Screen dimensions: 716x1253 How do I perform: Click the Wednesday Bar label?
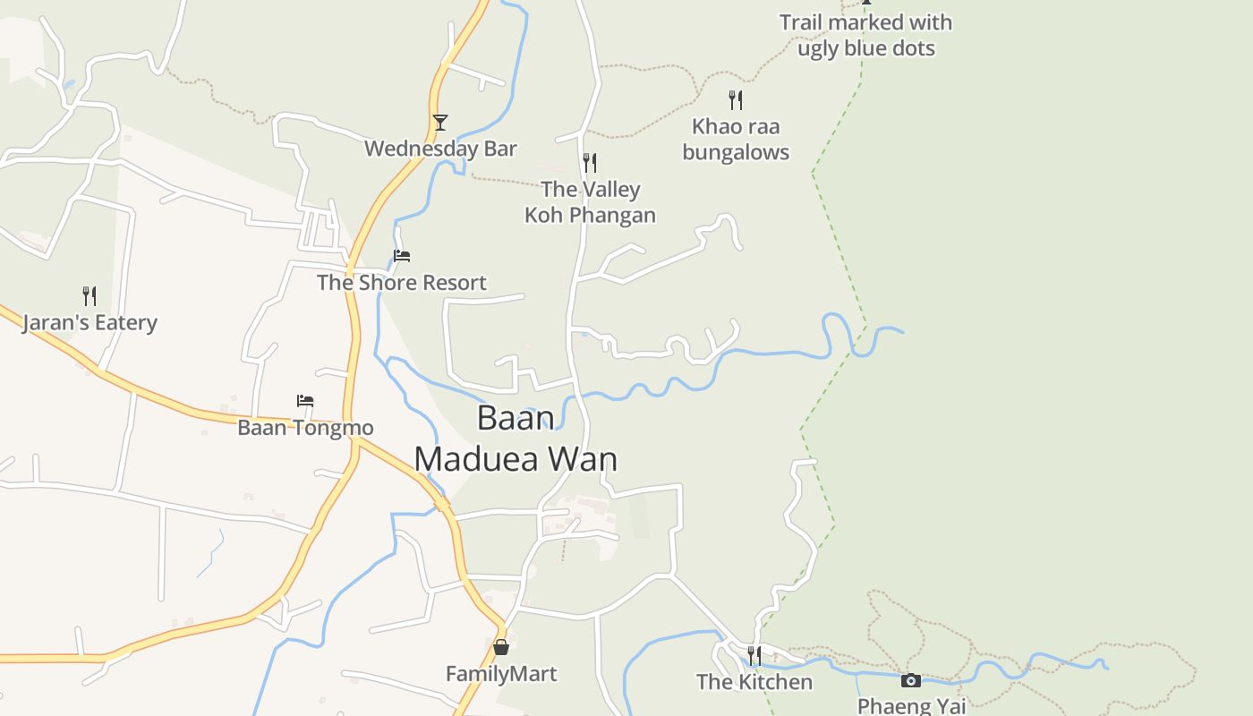(440, 149)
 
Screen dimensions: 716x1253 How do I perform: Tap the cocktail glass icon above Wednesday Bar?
(439, 123)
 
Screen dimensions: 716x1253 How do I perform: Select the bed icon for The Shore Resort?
(402, 256)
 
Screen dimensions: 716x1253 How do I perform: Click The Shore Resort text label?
(402, 283)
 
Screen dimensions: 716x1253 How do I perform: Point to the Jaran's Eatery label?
(89, 323)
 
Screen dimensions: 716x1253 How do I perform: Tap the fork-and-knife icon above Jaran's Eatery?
(89, 296)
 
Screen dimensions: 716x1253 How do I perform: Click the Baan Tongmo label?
(305, 428)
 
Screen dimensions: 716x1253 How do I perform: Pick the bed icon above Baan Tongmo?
(305, 401)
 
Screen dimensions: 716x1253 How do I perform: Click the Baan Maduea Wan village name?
(516, 439)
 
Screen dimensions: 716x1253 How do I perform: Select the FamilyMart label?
(501, 674)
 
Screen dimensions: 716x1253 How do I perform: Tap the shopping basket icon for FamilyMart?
(501, 646)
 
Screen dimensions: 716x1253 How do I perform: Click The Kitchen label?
(754, 682)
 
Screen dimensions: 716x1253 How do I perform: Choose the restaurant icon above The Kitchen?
(754, 656)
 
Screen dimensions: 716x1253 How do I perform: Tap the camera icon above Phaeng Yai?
(911, 681)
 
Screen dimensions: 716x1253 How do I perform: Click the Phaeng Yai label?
(911, 705)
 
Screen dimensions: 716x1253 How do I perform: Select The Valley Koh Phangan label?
(590, 202)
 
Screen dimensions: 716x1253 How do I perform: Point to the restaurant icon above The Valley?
(590, 163)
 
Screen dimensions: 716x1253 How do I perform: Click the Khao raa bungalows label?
(736, 140)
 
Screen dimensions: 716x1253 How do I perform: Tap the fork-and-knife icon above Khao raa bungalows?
(736, 99)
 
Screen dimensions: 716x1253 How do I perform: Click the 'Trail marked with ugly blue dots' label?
(865, 36)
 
